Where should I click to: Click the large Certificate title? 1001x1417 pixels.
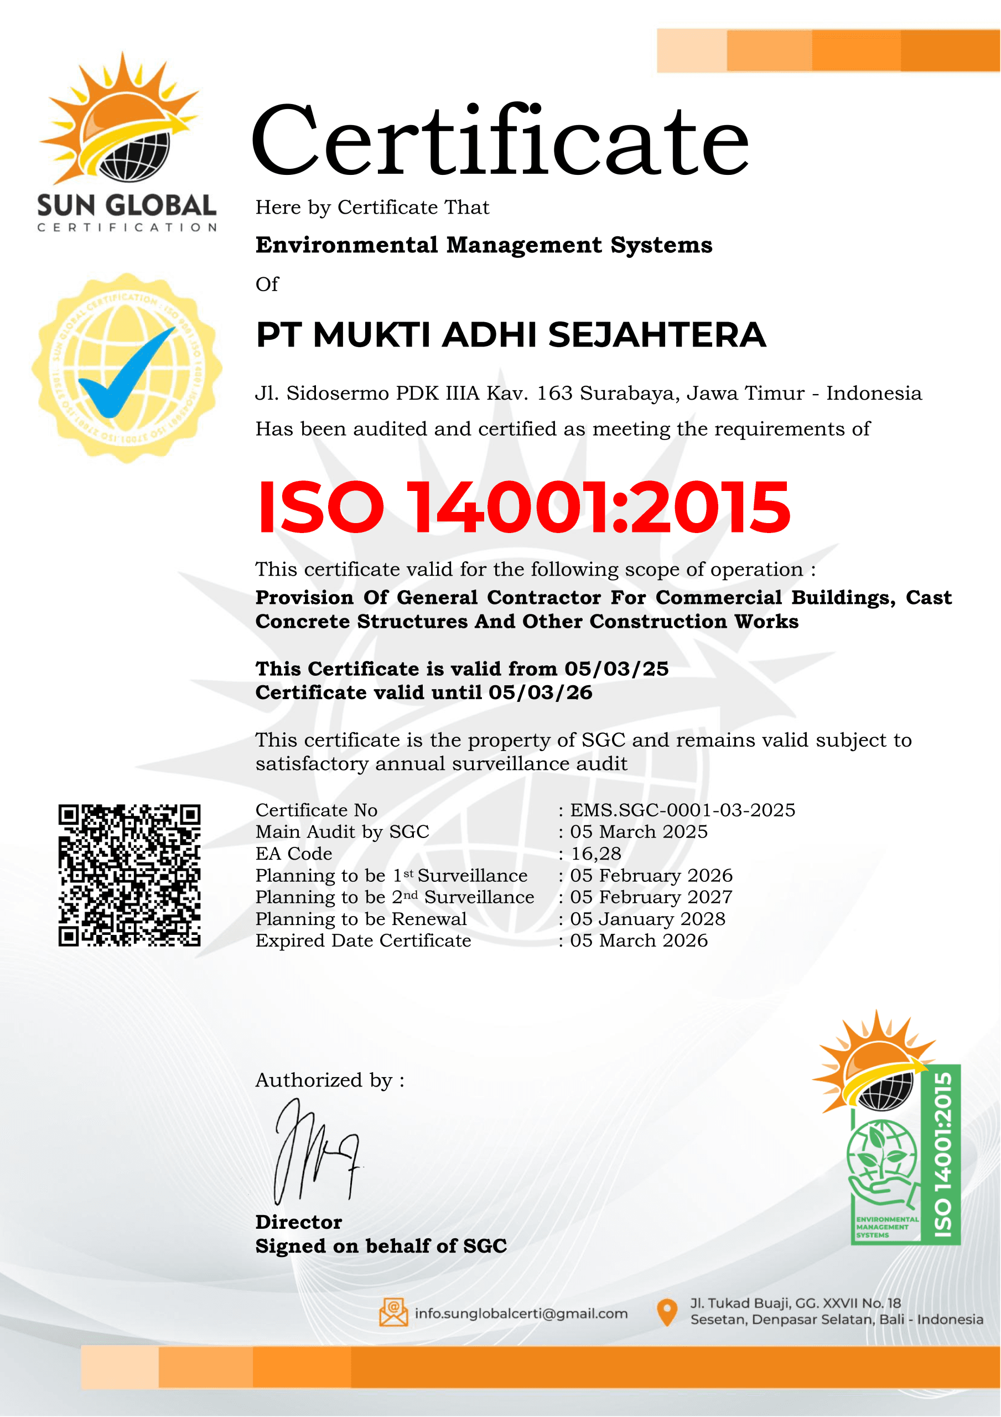click(500, 141)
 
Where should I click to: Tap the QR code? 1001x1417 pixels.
click(129, 875)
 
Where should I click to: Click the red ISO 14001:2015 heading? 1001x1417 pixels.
click(523, 508)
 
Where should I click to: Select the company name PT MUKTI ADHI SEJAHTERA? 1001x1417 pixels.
click(511, 335)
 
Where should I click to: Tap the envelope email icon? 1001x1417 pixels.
click(393, 1313)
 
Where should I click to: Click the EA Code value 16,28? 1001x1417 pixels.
click(595, 854)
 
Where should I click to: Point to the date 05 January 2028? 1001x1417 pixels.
click(647, 919)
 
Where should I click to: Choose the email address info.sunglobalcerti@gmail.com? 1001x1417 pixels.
click(521, 1313)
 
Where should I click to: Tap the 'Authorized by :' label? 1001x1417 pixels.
click(330, 1080)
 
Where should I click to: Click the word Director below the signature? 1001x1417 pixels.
click(299, 1223)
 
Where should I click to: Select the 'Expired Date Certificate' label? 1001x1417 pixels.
click(364, 940)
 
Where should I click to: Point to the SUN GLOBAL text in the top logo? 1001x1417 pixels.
click(127, 205)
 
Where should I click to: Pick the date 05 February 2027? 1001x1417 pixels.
click(651, 897)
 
